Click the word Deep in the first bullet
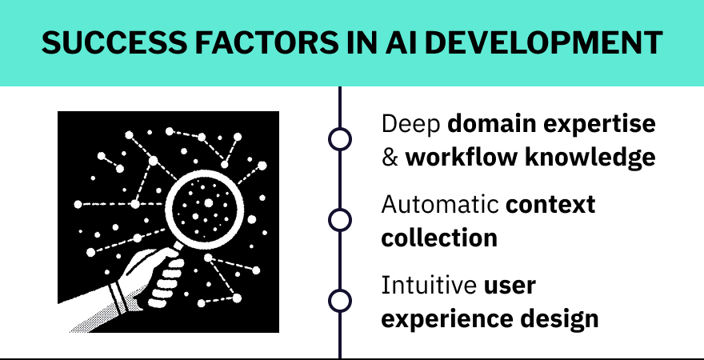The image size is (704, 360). pyautogui.click(x=410, y=125)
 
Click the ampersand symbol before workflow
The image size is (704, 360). pyautogui.click(x=390, y=158)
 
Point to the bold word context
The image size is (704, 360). pyautogui.click(x=551, y=205)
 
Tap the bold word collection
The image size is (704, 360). pyautogui.click(x=439, y=238)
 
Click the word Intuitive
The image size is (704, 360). pyautogui.click(x=429, y=286)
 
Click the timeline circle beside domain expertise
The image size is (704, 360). pyautogui.click(x=340, y=139)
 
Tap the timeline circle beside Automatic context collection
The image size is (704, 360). pyautogui.click(x=340, y=219)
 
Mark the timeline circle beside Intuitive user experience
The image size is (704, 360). pyautogui.click(x=340, y=300)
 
